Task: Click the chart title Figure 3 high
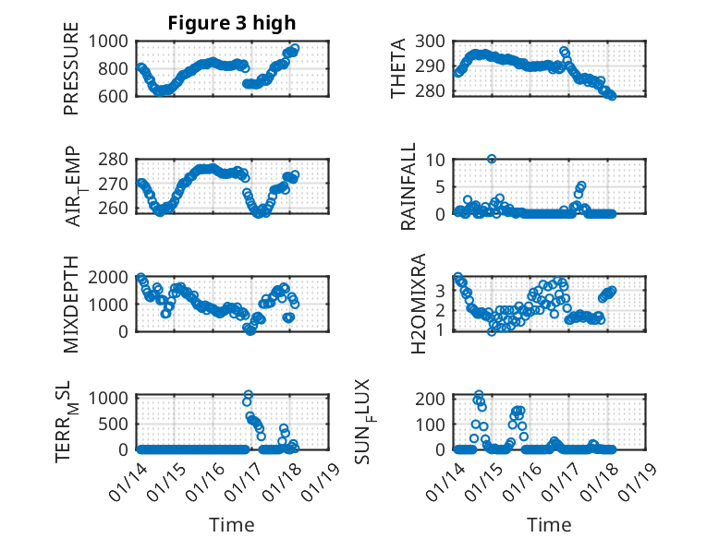pos(232,23)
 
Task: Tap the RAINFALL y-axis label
pos(408,186)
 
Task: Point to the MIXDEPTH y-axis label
pos(71,305)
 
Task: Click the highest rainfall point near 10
pos(492,159)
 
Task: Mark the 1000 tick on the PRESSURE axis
pos(115,41)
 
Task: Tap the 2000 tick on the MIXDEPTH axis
pos(115,277)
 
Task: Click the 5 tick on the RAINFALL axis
pos(442,185)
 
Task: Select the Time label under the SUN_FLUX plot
pos(549,525)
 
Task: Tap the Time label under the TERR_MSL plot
pos(232,525)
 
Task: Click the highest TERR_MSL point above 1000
pos(248,395)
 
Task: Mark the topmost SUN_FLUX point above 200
pos(479,394)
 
